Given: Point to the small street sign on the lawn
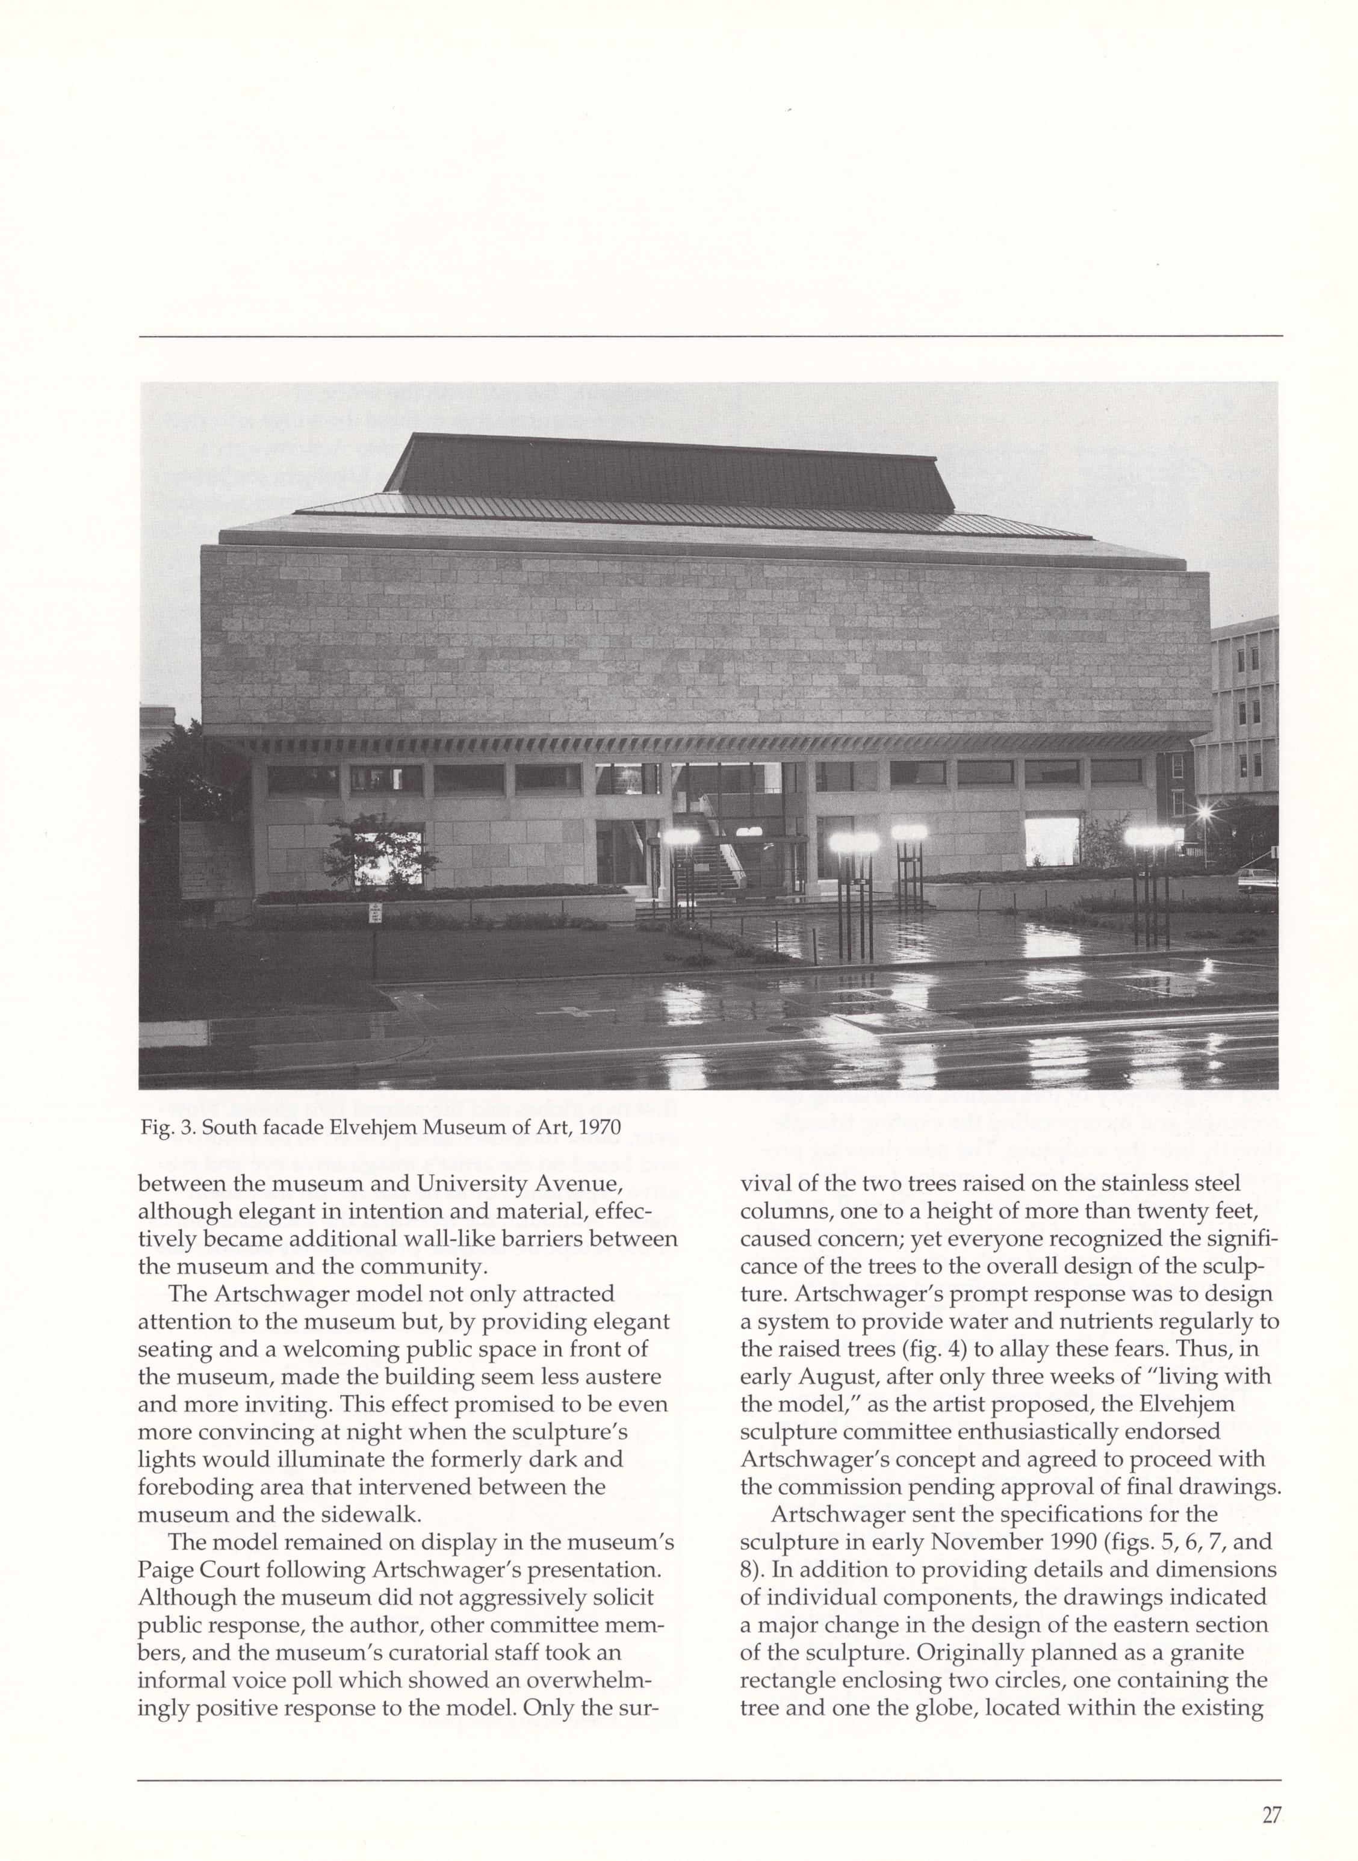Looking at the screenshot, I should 375,912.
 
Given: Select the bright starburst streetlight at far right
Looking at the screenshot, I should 1205,812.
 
